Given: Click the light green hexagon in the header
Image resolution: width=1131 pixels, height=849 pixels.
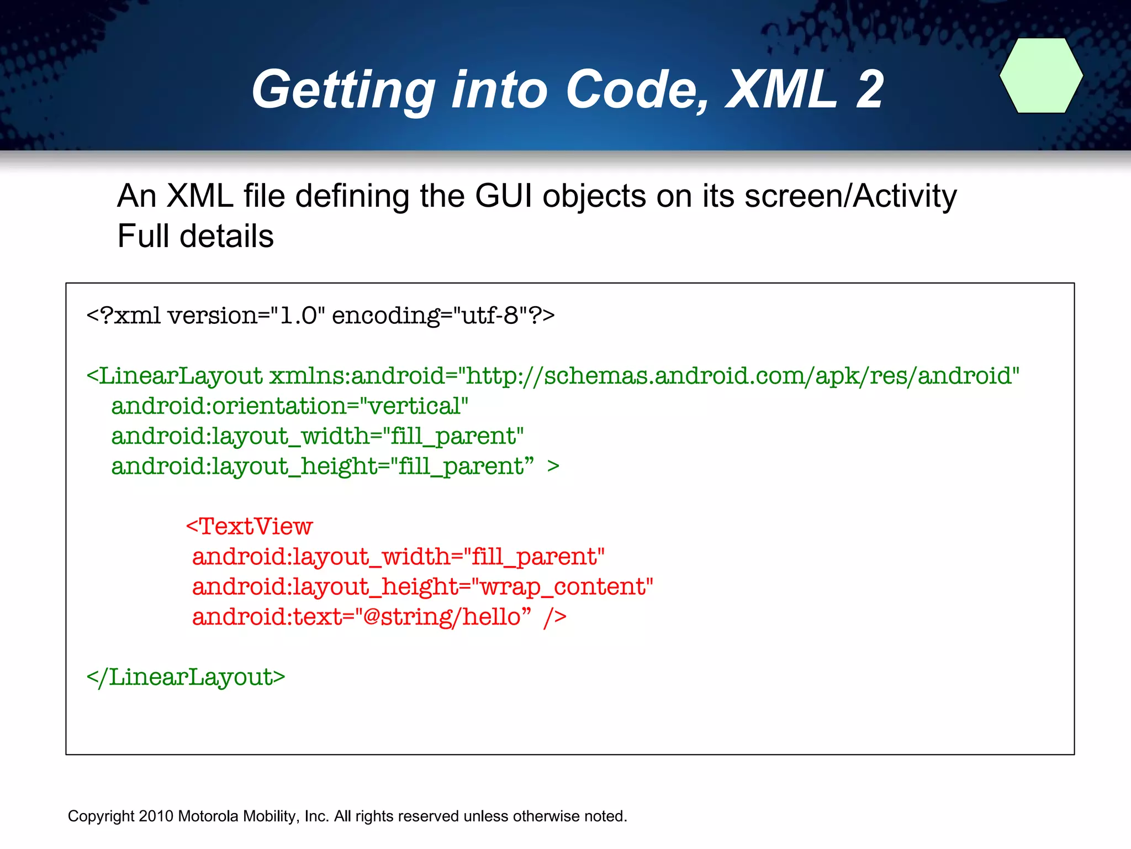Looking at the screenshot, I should pyautogui.click(x=1041, y=76).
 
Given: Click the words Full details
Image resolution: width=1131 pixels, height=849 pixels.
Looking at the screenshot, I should pyautogui.click(x=195, y=236).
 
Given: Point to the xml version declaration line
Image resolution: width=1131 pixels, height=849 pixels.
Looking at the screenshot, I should pyautogui.click(x=320, y=316).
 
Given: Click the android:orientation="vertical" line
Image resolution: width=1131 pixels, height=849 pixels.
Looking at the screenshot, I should pyautogui.click(x=289, y=406).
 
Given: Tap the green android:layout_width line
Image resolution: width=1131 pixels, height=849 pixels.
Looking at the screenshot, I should pyautogui.click(x=317, y=436).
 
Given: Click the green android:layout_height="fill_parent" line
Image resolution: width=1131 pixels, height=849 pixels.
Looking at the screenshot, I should pyautogui.click(x=323, y=467).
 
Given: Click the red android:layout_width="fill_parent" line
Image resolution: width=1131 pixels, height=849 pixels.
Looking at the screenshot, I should pyautogui.click(x=398, y=557).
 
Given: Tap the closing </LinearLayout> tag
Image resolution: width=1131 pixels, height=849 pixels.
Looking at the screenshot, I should pyautogui.click(x=186, y=677).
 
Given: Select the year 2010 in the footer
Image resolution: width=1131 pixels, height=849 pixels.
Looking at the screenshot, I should pyautogui.click(x=156, y=816).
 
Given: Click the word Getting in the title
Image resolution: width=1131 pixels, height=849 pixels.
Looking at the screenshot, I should pyautogui.click(x=343, y=90).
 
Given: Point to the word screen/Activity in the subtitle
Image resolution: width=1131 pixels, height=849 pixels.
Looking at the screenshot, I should pyautogui.click(x=850, y=196).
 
